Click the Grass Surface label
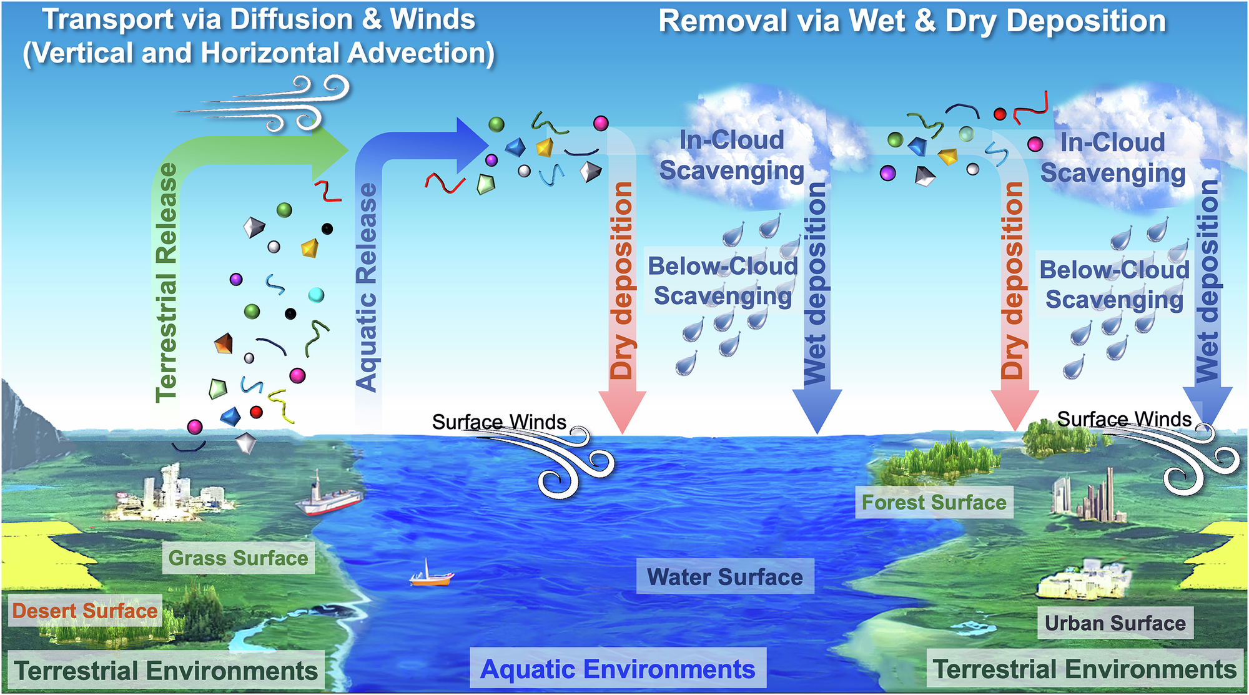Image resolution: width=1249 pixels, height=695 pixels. pos(238,558)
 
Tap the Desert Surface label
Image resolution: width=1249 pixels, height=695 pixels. pos(85,611)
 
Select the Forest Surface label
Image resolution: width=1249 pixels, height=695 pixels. pos(934,502)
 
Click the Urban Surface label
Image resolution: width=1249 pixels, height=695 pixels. pos(1115,623)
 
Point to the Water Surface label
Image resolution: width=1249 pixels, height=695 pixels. pos(724,576)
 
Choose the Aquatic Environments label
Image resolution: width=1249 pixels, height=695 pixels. pos(618,669)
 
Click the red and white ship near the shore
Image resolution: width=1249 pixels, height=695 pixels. pos(330,498)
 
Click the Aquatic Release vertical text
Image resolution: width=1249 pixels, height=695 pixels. pos(367,287)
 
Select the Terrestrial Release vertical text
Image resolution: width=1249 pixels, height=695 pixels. pos(167,282)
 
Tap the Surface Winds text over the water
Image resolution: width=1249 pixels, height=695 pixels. pos(499,422)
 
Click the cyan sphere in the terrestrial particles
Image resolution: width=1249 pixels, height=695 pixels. pos(317,295)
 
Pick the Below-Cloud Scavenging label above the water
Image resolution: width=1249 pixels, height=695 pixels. pos(723,281)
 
